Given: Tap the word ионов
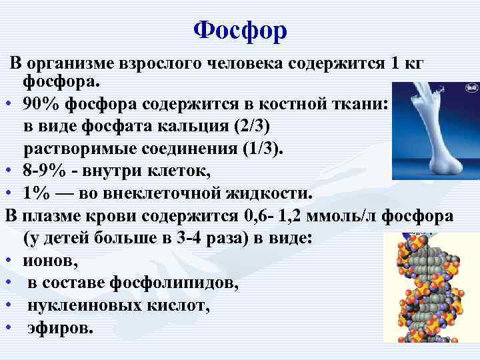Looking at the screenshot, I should pyautogui.click(x=49, y=261).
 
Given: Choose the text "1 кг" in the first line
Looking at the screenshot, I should pyautogui.click(x=408, y=63).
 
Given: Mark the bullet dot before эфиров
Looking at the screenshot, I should pyautogui.click(x=9, y=329).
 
